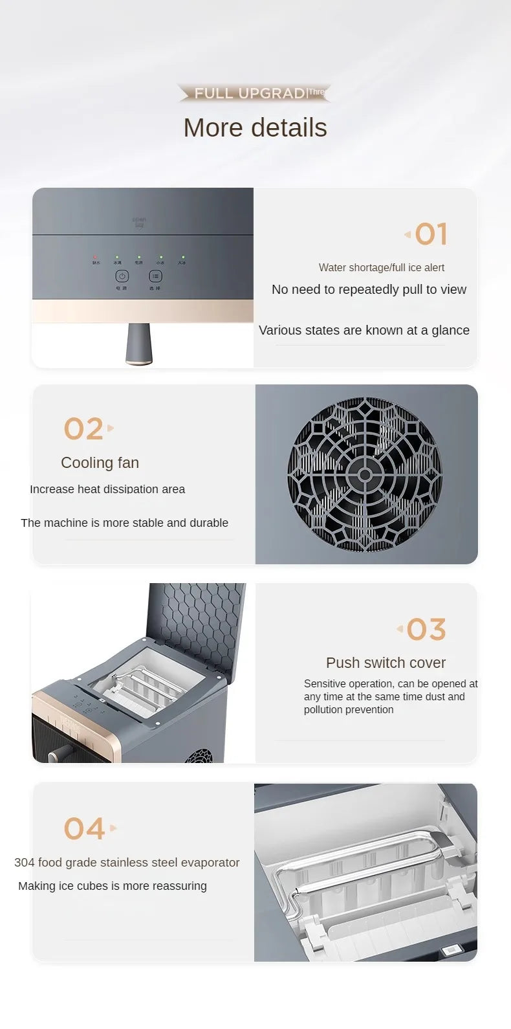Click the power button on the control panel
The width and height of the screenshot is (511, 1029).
(x=122, y=276)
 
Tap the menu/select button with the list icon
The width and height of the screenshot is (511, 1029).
(x=155, y=276)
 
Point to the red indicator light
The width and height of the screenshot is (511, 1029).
(x=95, y=257)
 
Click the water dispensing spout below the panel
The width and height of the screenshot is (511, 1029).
(x=139, y=344)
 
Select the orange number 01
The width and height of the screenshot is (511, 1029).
(x=431, y=234)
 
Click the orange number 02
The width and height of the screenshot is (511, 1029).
(x=83, y=429)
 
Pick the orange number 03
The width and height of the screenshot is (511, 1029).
(x=426, y=630)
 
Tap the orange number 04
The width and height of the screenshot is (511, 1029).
(x=84, y=829)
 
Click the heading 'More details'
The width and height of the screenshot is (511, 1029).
(x=255, y=128)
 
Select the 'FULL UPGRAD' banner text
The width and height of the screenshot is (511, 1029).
(x=250, y=93)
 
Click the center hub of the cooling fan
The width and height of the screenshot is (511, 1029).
(x=365, y=475)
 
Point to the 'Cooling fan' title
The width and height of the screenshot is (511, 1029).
(x=100, y=463)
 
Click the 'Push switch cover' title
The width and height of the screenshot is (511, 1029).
(x=386, y=663)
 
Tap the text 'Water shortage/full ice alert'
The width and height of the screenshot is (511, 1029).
(x=381, y=267)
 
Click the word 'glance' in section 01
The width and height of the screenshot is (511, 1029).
(x=450, y=330)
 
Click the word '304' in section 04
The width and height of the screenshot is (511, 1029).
(x=25, y=863)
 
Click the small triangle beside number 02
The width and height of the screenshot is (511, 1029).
(x=111, y=428)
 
